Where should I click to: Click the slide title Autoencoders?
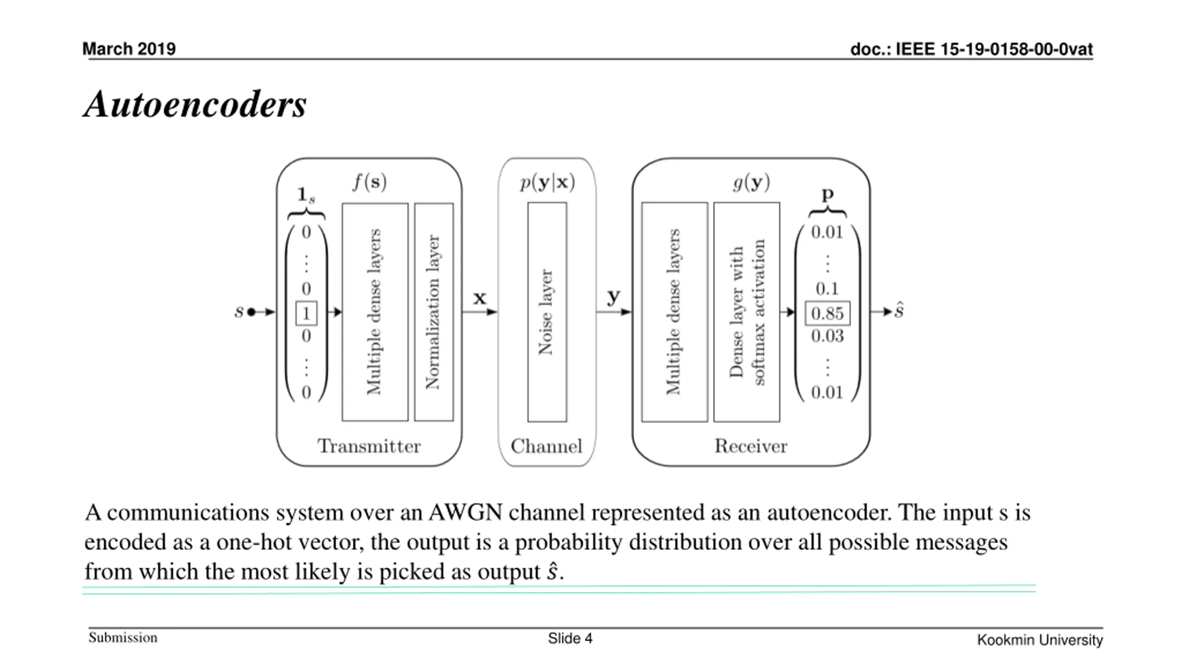coord(195,104)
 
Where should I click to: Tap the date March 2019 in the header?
coord(129,49)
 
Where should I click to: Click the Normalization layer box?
coord(434,312)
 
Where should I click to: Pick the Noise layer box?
coord(547,312)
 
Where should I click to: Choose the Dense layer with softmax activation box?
coord(747,312)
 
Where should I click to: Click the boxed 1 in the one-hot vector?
coord(306,313)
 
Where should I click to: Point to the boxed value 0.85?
coord(827,313)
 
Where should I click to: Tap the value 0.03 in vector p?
coord(827,336)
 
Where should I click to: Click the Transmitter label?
coord(369,446)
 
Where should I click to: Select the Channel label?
coord(547,446)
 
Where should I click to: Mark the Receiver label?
coord(751,446)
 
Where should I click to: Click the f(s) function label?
coord(370,182)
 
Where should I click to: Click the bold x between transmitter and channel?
coord(480,298)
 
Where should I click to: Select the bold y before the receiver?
coord(614,297)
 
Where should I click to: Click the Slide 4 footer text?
coord(570,638)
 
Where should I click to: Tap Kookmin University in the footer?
coord(1040,640)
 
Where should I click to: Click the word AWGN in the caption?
coord(465,513)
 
